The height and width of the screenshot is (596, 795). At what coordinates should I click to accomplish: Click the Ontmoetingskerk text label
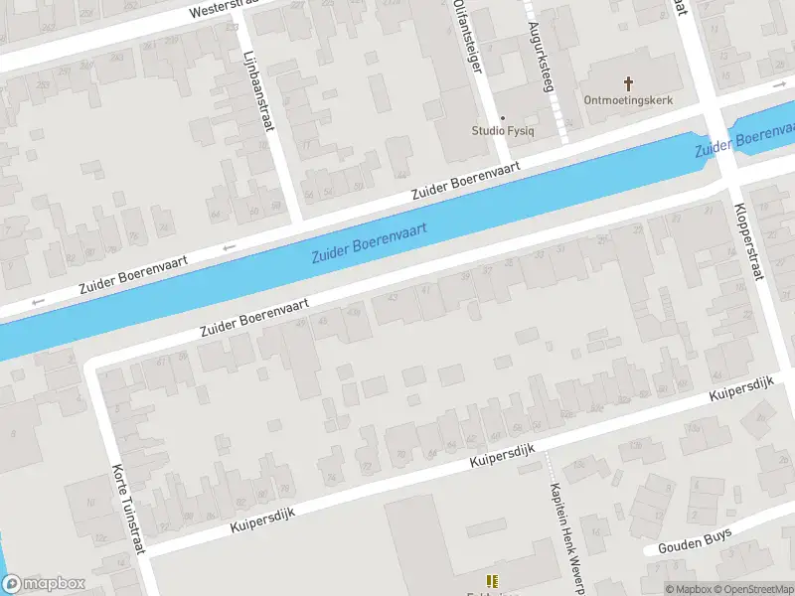pos(627,100)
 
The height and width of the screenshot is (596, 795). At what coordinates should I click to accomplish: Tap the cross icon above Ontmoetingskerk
pos(628,83)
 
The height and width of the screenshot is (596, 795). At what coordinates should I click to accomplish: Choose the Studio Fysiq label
pos(503,131)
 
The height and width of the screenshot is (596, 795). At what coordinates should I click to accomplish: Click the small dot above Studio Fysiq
pos(502,117)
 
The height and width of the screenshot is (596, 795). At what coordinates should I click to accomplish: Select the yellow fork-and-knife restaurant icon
pos(491,580)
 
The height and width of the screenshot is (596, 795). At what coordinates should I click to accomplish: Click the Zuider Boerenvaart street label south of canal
pos(253,316)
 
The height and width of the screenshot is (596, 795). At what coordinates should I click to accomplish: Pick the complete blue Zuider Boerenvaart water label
pos(369,241)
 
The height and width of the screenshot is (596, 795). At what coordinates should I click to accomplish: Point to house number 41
pos(426,290)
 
